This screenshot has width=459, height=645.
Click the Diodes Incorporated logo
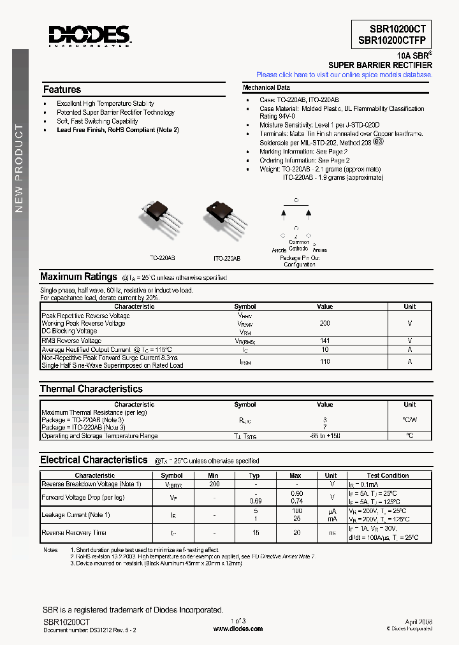(89, 36)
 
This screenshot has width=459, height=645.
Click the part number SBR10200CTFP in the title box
(391, 40)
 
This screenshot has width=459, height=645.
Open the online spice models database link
(344, 75)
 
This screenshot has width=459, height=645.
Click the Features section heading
(62, 90)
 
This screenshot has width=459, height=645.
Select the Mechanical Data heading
(266, 88)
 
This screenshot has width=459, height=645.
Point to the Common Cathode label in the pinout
(298, 245)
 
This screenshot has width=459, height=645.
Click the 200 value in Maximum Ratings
(324, 324)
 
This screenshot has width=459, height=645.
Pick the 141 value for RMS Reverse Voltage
(324, 341)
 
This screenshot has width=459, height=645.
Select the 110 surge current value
(324, 361)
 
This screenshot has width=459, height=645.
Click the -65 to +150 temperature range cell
(324, 436)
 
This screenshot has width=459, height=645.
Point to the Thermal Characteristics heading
(91, 389)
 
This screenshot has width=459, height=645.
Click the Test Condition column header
(388, 475)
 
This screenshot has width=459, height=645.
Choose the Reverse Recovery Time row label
(74, 533)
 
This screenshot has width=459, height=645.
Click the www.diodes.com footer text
(238, 628)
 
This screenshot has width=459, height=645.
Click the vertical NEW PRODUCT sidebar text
(19, 169)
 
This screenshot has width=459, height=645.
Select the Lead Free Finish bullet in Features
(117, 130)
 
